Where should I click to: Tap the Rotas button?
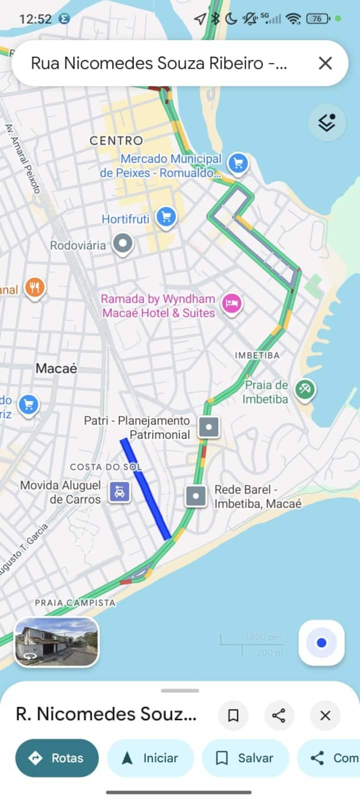[x=57, y=758]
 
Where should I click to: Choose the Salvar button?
[x=245, y=758]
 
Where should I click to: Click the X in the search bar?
[x=325, y=63]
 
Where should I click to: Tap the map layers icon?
[x=327, y=122]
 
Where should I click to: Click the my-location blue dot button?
[x=321, y=643]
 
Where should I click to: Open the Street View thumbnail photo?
[x=56, y=642]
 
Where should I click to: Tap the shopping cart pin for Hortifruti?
[x=166, y=217]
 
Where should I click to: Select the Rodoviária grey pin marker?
[x=122, y=244]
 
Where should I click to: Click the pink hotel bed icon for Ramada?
[x=231, y=303]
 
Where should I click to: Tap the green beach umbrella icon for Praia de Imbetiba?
[x=304, y=389]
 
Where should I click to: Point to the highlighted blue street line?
[x=146, y=489]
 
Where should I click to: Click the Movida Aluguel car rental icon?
[x=119, y=492]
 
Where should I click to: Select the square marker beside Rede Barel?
[x=196, y=496]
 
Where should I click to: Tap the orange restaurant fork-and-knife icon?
[x=34, y=288]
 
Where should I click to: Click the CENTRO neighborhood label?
[x=116, y=141]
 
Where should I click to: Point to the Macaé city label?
[x=56, y=369]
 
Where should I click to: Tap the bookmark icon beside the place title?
[x=233, y=716]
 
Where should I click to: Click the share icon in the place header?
[x=278, y=716]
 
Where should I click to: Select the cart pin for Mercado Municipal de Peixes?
[x=238, y=163]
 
